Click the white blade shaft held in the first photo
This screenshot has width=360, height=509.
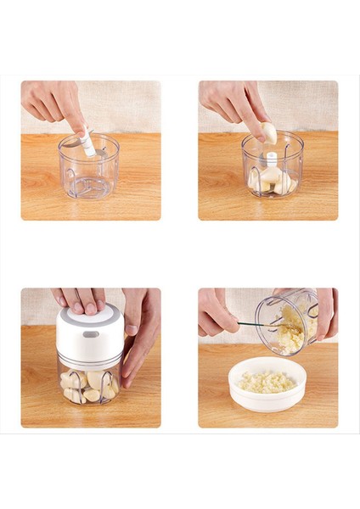88,143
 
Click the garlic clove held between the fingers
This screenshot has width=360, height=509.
269,133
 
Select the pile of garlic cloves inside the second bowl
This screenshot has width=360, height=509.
270,179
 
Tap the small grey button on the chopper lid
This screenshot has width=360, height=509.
90,334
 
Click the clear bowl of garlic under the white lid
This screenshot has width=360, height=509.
89,382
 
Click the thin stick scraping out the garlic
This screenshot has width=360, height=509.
255,324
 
